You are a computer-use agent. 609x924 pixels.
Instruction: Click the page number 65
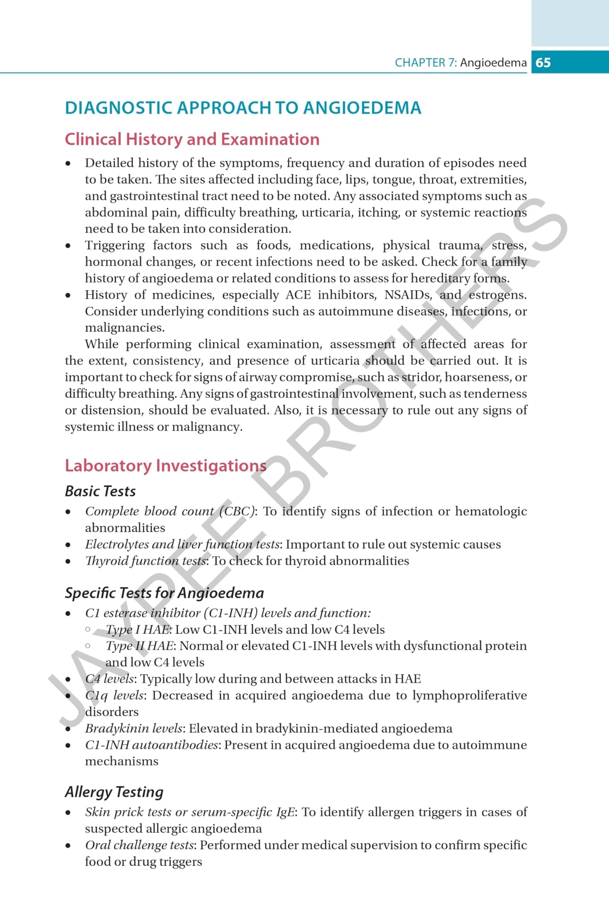click(543, 63)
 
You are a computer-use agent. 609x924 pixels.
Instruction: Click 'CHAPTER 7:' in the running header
click(425, 63)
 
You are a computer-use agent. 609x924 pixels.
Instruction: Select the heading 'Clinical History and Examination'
click(192, 139)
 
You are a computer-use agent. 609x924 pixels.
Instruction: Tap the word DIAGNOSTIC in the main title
click(118, 108)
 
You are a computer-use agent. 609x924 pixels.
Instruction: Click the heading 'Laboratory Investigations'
click(166, 466)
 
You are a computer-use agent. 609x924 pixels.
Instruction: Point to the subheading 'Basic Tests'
click(100, 491)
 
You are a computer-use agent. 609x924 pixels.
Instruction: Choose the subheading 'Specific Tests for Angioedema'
click(164, 593)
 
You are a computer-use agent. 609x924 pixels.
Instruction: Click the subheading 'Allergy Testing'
click(114, 792)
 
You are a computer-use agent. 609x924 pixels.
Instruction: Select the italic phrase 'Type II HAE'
click(140, 646)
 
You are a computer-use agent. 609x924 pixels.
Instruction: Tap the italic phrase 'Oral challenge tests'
click(139, 845)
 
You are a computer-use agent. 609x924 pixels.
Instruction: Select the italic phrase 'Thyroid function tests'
click(145, 561)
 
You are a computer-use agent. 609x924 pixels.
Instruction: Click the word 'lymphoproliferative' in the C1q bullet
click(470, 695)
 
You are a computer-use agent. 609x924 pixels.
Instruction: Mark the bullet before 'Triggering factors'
click(68, 246)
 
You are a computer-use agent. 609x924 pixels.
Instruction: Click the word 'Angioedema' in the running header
click(493, 63)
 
